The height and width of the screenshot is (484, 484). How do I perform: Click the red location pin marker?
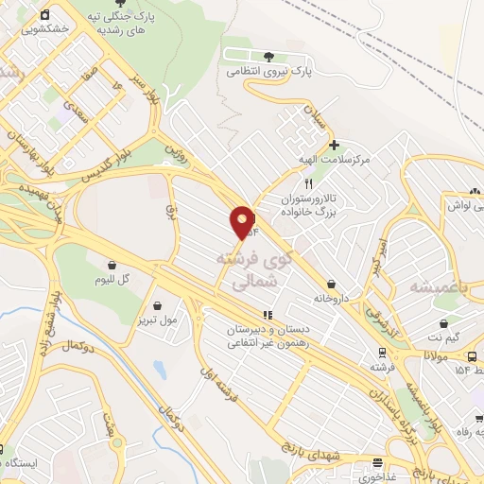pyautogui.click(x=242, y=222)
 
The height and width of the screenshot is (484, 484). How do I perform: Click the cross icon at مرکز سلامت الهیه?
pyautogui.click(x=335, y=145)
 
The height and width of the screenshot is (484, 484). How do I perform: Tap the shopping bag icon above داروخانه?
pyautogui.click(x=332, y=283)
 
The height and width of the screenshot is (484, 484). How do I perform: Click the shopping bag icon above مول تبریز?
pyautogui.click(x=156, y=305)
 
